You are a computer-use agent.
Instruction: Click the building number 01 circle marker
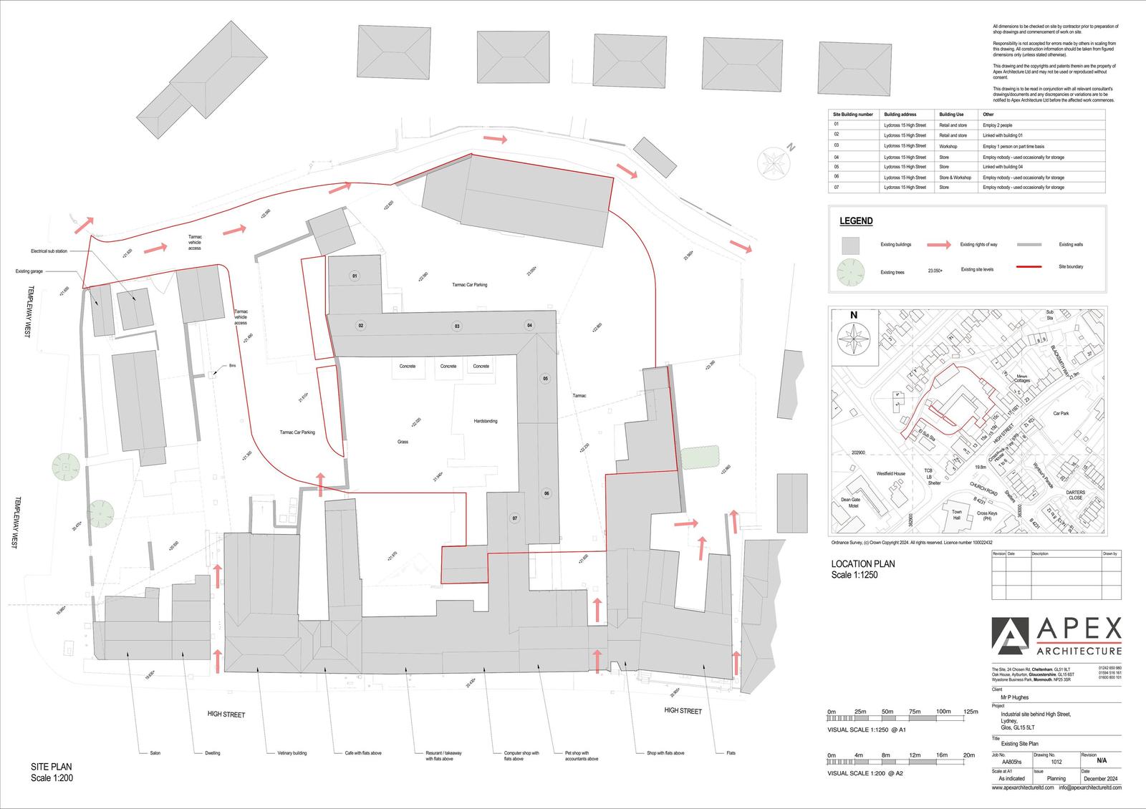[354, 276]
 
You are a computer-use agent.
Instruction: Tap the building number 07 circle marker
[514, 518]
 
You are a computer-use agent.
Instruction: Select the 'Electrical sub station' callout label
[49, 251]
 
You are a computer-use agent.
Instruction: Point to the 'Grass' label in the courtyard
[403, 442]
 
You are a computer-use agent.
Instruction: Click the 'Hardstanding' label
[485, 421]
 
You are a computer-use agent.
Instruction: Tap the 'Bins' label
[232, 366]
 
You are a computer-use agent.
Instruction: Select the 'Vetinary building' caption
[292, 753]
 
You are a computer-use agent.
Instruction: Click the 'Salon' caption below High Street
[155, 753]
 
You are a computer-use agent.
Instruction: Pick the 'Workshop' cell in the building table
[948, 146]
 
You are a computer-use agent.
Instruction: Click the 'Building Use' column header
[951, 115]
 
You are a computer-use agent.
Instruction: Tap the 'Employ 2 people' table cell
[997, 125]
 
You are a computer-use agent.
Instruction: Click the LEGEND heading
[856, 221]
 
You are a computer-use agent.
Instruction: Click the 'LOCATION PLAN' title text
[862, 564]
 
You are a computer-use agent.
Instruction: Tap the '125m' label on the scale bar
[971, 712]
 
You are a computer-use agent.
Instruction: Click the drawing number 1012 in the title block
[1056, 762]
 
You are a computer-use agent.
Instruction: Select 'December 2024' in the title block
[1100, 778]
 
